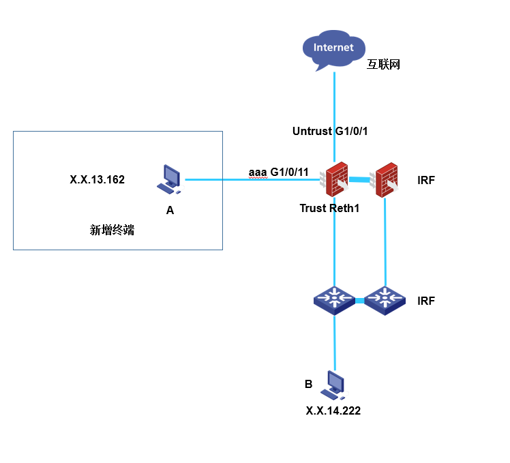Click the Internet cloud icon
pos(333,50)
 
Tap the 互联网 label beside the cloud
pos(383,65)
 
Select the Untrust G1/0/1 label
pos(330,131)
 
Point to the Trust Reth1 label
pos(329,208)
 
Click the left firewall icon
pos(336,180)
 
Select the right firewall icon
pos(386,180)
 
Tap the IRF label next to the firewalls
pos(426,181)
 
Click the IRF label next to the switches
pos(426,300)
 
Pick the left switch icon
pos(334,299)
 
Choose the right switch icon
pos(385,299)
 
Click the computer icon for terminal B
pos(334,385)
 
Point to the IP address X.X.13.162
pos(97,180)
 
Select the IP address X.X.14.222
pos(333,410)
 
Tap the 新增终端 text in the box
pos(112,230)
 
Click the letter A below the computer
pos(170,210)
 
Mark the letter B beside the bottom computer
pos(308,385)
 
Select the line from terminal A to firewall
pos(218,180)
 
